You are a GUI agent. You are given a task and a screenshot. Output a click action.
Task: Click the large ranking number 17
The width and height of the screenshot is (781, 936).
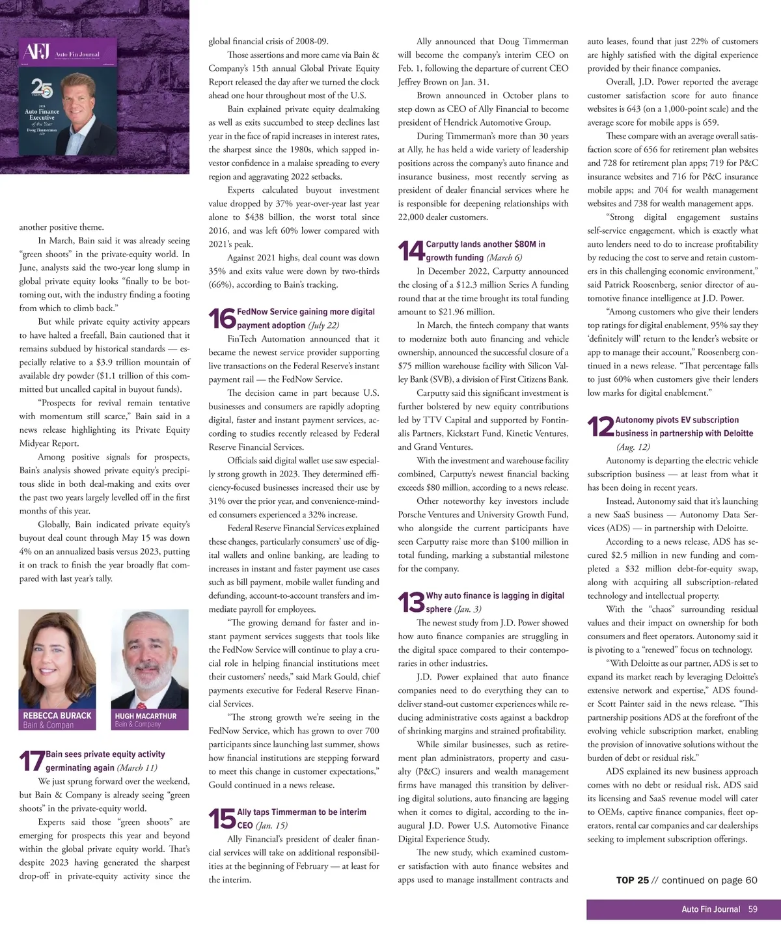click(31, 761)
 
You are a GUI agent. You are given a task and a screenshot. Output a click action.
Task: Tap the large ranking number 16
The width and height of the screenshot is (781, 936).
click(222, 318)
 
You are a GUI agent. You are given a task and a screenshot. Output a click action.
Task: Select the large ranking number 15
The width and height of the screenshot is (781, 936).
click(222, 819)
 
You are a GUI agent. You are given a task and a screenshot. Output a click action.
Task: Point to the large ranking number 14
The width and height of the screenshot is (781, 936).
click(411, 251)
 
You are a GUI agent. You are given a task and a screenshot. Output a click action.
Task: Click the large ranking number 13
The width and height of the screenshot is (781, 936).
click(411, 602)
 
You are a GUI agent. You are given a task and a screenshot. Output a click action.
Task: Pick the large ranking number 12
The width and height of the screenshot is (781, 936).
click(600, 427)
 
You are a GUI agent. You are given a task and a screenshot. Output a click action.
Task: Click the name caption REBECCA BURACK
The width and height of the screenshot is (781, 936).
click(57, 715)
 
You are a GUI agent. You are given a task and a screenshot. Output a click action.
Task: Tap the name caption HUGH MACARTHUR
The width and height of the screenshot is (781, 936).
click(146, 716)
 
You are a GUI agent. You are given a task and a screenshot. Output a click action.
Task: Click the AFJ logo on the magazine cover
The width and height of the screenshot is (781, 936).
click(37, 52)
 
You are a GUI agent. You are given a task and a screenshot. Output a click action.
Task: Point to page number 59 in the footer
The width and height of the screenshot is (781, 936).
click(752, 909)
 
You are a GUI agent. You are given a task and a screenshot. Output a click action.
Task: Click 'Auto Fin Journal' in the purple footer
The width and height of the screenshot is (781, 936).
click(711, 909)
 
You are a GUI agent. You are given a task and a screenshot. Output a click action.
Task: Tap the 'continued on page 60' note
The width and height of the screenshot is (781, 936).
click(709, 880)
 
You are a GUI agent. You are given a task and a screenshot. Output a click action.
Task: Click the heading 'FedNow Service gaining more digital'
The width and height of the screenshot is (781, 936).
click(306, 312)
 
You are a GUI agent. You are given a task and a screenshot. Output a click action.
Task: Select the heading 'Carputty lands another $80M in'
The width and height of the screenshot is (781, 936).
click(486, 244)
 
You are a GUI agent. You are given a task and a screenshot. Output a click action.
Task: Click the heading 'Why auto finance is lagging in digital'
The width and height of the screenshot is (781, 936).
click(495, 596)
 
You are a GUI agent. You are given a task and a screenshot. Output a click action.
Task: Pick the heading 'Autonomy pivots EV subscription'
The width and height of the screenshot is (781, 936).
click(677, 420)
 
